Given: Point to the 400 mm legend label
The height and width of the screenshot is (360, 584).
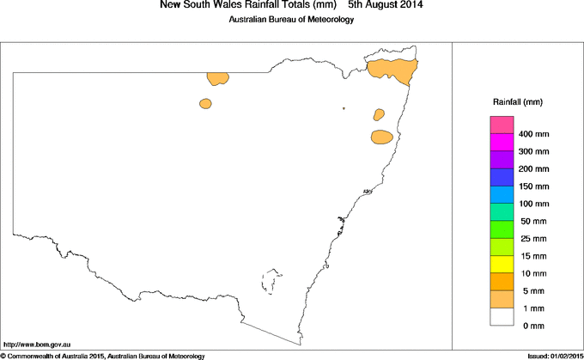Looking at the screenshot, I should tap(534, 135).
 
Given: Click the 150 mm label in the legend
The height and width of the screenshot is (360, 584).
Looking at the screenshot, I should tap(534, 186).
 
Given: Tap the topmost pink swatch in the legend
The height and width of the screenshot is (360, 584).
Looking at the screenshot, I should tap(502, 125).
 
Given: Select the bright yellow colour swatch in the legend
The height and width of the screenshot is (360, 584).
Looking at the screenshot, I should tap(502, 264).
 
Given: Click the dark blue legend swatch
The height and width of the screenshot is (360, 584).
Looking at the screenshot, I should tap(502, 177).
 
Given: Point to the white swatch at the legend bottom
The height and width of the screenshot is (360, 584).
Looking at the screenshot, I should tap(502, 316).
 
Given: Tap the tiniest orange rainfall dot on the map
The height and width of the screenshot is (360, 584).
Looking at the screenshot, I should tap(344, 108).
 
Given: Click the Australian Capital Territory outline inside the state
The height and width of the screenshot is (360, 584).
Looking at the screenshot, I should tap(273, 282).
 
